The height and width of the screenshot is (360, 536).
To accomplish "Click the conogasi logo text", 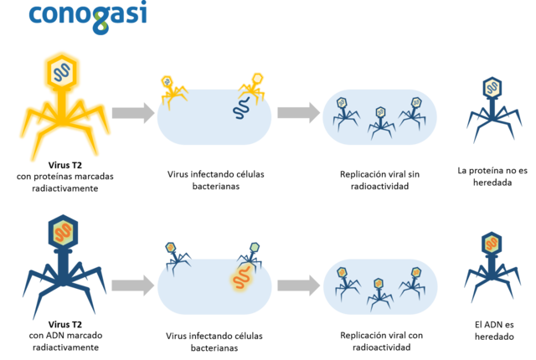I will point(87,15).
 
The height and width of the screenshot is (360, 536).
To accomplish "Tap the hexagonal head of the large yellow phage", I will point(62,73).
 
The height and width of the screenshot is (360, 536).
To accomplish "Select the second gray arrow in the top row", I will point(297,113).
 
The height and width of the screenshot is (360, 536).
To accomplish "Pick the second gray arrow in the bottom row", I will point(297,285).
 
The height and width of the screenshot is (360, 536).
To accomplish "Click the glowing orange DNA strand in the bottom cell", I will point(241,279).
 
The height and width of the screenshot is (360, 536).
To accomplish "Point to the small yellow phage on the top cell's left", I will point(171,90).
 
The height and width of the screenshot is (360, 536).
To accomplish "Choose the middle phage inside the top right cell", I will point(380,121).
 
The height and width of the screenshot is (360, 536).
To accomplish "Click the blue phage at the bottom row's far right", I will point(492,265).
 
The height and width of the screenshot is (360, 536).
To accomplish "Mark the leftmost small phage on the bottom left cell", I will point(173,258).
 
